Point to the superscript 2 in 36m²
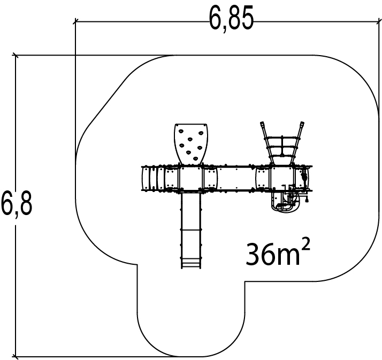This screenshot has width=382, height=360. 305,244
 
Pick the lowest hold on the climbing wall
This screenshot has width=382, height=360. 195,159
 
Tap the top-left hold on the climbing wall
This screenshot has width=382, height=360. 181,131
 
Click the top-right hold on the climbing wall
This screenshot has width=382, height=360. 201,133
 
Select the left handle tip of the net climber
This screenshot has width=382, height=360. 262,123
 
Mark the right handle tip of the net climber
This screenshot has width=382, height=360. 302,123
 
